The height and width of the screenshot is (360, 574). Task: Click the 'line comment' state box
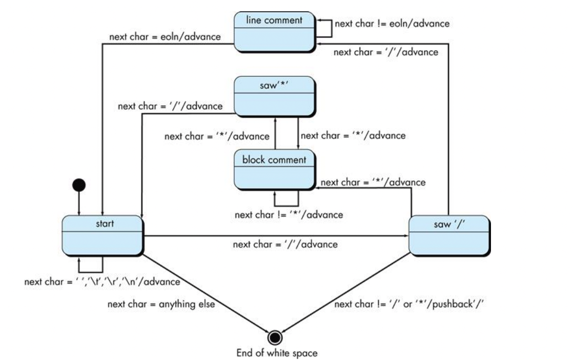pos(275,31)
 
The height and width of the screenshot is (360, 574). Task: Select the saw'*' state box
pos(275,96)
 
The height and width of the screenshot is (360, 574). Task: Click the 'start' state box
pos(102,236)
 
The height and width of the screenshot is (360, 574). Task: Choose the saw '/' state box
pos(448,236)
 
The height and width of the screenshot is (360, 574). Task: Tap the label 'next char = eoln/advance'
pos(165,37)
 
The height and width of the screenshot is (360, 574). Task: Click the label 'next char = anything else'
pos(161,304)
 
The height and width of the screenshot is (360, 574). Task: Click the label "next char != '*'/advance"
pos(289,214)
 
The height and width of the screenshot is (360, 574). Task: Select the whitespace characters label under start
pos(102,282)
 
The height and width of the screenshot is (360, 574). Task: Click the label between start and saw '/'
pos(285,245)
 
